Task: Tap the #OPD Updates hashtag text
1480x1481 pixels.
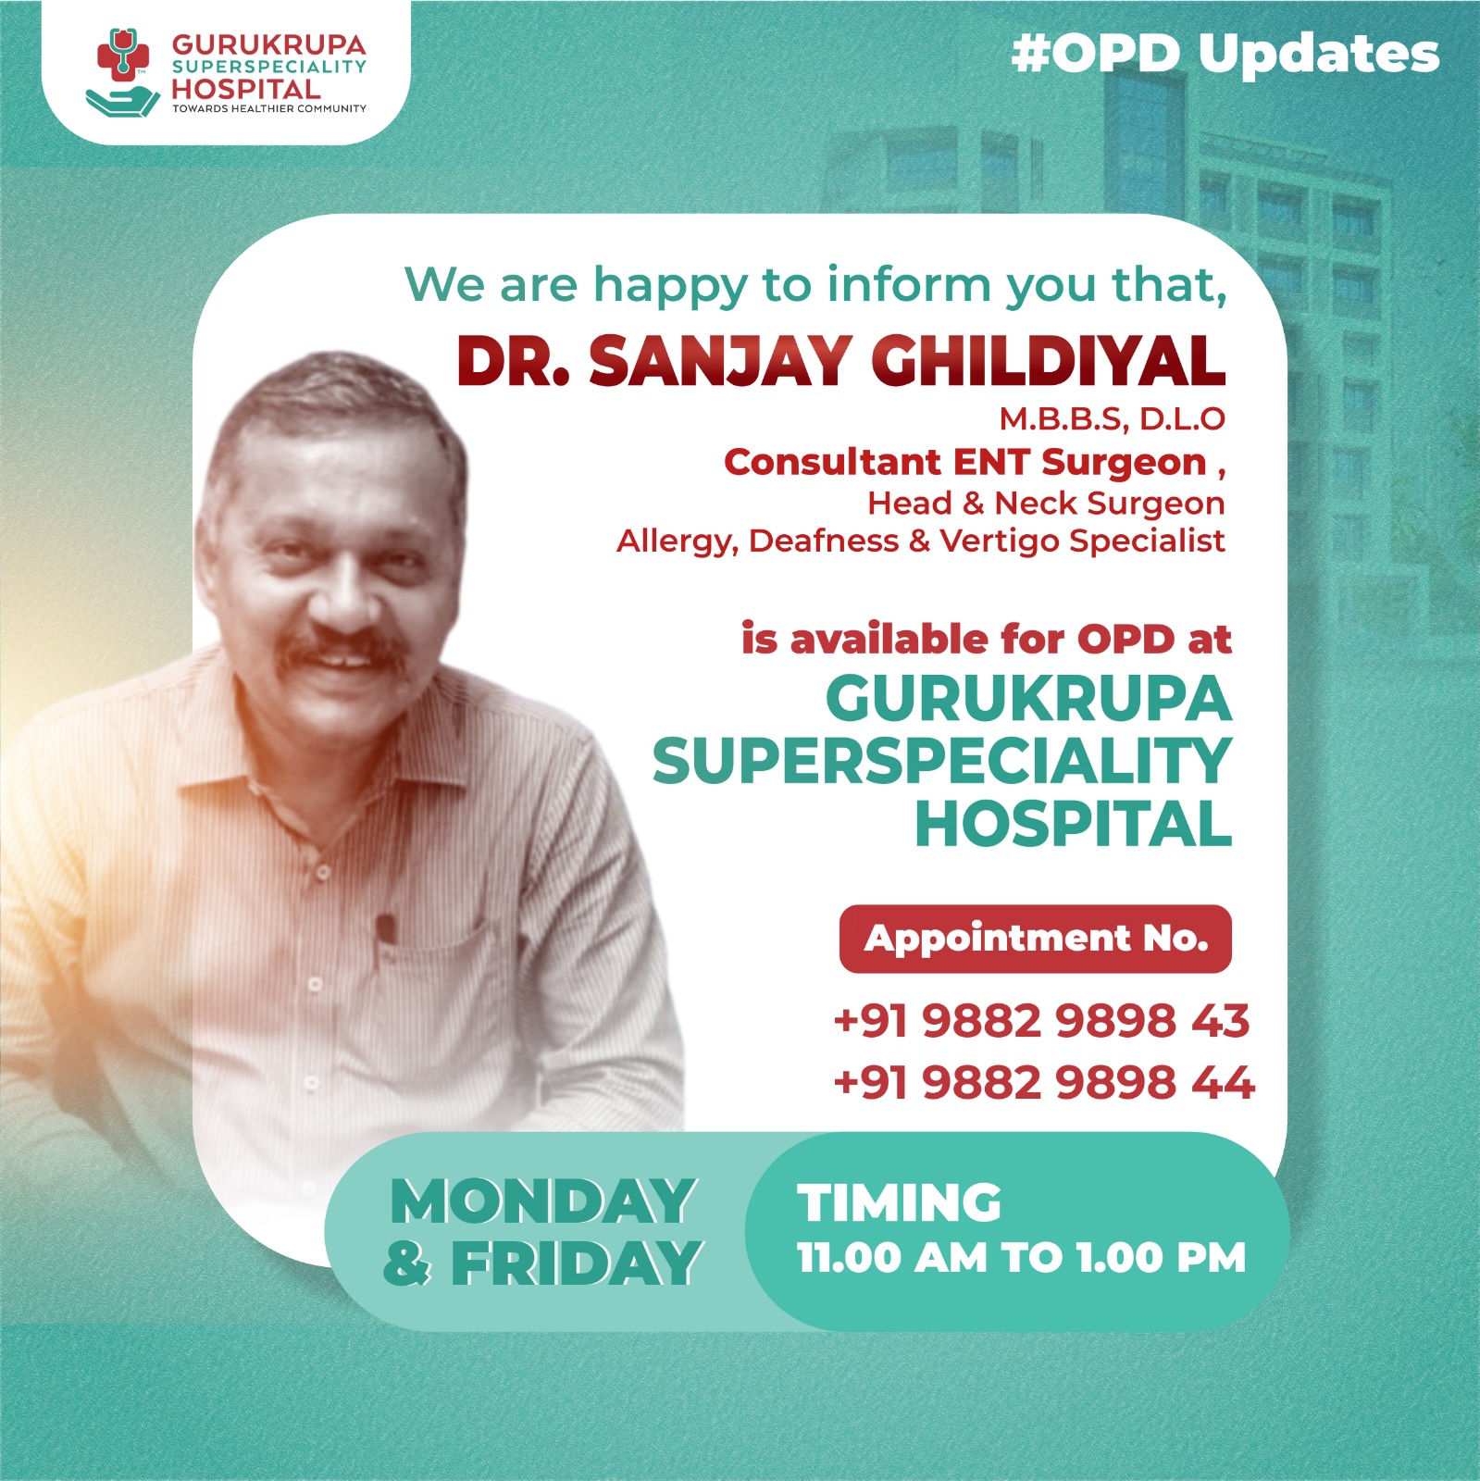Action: click(x=1225, y=54)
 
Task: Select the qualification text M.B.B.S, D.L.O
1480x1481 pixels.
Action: click(x=1112, y=419)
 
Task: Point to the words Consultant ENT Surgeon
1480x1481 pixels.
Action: click(x=965, y=462)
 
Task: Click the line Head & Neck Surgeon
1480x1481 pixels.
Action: click(x=1046, y=504)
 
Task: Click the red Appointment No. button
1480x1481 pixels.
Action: click(x=1035, y=939)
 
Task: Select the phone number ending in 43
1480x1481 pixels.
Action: click(x=1041, y=1021)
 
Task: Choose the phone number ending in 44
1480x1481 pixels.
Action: click(x=1043, y=1082)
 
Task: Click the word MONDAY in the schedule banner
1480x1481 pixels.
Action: click(x=542, y=1201)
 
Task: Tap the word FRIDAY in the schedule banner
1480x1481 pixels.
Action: click(x=576, y=1263)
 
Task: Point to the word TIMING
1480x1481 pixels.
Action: click(x=899, y=1202)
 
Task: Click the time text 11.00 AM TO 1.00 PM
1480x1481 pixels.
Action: click(x=1021, y=1258)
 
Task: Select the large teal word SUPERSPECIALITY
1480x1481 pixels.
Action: click(x=941, y=762)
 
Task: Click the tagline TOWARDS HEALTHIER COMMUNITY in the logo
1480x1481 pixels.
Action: click(x=268, y=109)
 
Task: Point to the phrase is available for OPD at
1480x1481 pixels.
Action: click(x=986, y=640)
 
